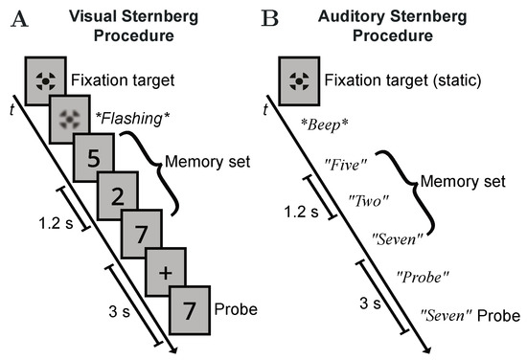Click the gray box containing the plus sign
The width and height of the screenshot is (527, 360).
point(164,274)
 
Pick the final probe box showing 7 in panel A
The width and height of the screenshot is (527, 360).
point(189,312)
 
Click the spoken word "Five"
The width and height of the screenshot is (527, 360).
point(346,166)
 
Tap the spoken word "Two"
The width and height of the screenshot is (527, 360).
point(369,202)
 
